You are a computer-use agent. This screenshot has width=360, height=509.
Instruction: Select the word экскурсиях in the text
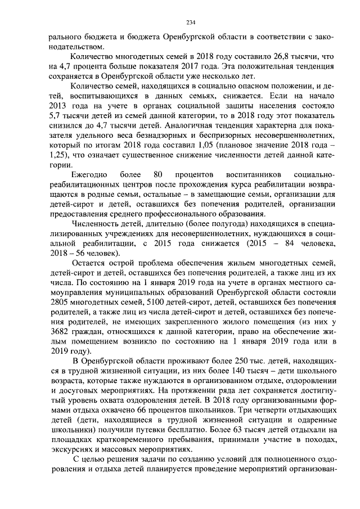click(70, 452)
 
